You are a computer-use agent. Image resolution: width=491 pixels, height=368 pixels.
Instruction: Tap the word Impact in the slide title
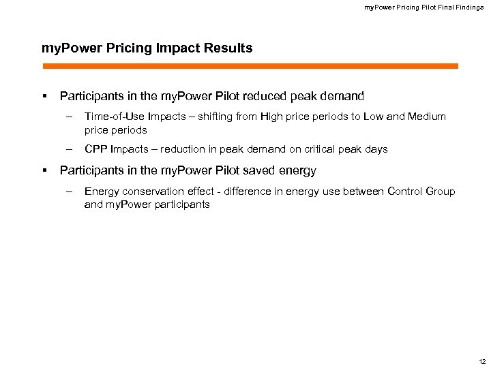(185, 48)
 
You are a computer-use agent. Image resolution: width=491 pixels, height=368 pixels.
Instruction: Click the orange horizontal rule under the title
(250, 66)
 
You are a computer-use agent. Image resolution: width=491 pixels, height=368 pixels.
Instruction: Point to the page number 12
(482, 361)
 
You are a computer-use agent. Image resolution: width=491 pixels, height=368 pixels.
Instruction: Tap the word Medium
(426, 117)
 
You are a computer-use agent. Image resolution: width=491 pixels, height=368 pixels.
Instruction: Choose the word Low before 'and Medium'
(374, 117)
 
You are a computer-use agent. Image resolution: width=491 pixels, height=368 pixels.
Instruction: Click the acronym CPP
(95, 149)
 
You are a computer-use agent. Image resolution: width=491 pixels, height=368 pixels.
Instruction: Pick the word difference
(242, 191)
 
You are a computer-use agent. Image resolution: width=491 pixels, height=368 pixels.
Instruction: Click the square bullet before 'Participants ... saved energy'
(44, 170)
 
